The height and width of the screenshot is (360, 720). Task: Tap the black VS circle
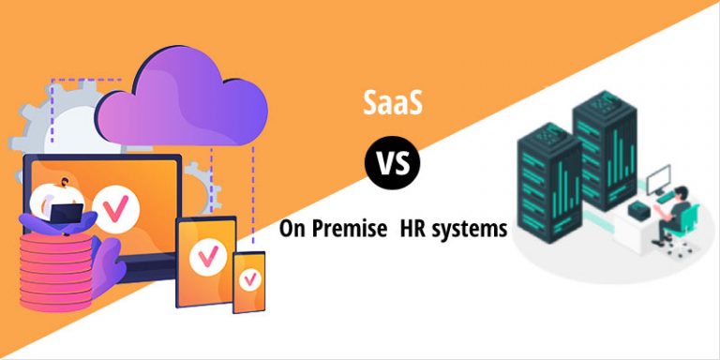pos(393,164)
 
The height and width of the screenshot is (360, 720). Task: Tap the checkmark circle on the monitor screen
pos(116,209)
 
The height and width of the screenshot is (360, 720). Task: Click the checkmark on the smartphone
pos(250,278)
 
